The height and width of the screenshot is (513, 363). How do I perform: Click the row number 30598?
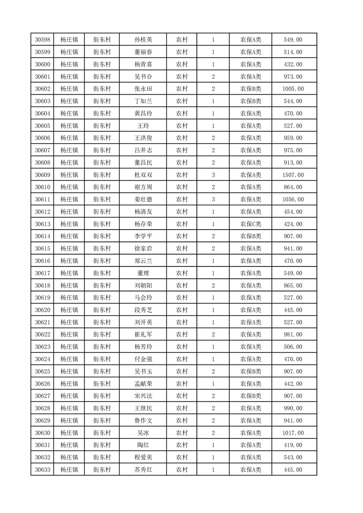click(x=42, y=40)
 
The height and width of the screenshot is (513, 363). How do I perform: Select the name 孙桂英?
click(x=143, y=40)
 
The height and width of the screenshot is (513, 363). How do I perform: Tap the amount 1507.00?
click(x=293, y=175)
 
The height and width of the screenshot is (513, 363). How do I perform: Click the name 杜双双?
click(x=143, y=175)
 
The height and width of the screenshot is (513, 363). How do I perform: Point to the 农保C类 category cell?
click(x=250, y=224)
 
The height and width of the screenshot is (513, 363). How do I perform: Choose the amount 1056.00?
click(x=293, y=199)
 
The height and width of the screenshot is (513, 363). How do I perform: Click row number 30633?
click(x=42, y=469)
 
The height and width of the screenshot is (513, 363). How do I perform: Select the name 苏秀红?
click(x=143, y=469)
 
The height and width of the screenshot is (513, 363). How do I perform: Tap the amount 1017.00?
click(x=293, y=433)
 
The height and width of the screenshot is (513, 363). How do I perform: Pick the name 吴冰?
click(x=143, y=433)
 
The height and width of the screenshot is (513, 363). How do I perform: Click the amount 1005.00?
click(x=293, y=89)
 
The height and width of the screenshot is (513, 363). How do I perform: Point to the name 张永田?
click(x=143, y=89)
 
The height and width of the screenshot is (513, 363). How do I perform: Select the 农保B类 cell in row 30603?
click(x=250, y=101)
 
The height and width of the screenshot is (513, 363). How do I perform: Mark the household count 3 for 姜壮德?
click(x=213, y=199)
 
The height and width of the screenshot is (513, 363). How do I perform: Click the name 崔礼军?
click(x=143, y=334)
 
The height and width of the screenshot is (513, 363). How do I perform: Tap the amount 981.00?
click(x=293, y=334)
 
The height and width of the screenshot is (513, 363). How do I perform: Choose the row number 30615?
click(x=42, y=248)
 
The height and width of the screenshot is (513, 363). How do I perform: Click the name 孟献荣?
click(x=143, y=383)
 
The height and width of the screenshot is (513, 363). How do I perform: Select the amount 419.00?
click(x=293, y=444)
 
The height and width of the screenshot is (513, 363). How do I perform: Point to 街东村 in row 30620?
click(x=102, y=310)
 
